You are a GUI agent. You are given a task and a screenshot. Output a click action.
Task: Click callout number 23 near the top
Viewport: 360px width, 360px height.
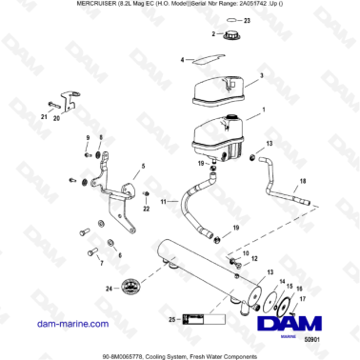[248, 19]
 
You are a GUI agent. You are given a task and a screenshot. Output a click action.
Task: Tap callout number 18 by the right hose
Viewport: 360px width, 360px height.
[303, 181]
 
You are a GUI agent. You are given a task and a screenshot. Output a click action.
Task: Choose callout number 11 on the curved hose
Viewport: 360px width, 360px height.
[163, 202]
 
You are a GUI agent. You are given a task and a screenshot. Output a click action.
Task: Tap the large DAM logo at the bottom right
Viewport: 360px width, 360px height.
[304, 322]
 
